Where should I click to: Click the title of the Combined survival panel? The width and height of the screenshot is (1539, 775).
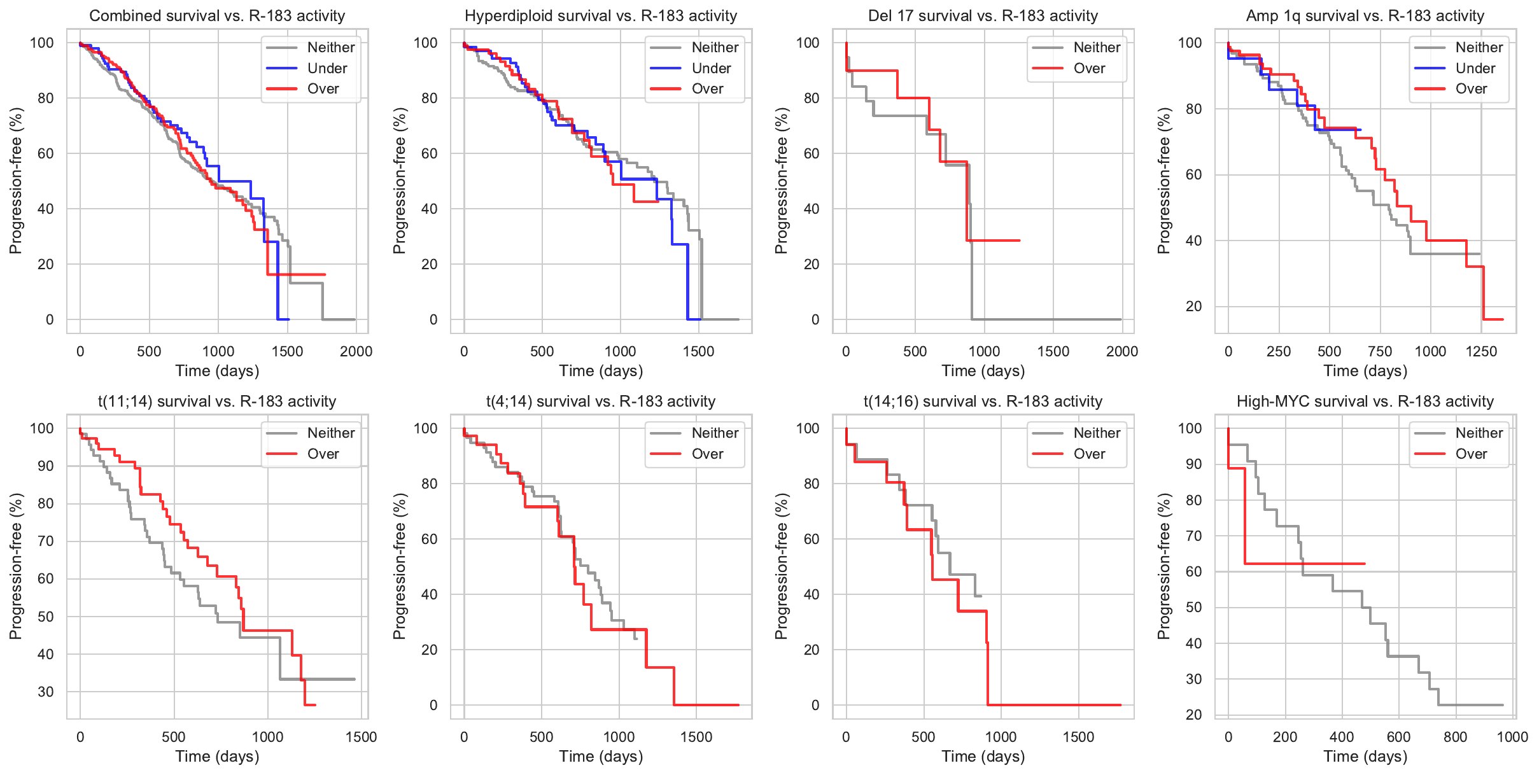click(x=217, y=16)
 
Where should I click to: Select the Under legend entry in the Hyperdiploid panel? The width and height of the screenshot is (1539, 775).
click(x=710, y=68)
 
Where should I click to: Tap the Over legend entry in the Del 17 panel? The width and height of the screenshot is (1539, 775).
click(x=1088, y=68)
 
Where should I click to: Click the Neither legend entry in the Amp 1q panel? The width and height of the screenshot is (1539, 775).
click(x=1479, y=47)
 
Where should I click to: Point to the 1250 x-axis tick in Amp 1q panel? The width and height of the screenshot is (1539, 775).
click(x=1480, y=351)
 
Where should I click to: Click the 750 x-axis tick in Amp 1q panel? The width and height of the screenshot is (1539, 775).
click(x=1380, y=351)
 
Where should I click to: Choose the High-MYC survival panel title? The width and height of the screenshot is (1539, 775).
click(x=1365, y=401)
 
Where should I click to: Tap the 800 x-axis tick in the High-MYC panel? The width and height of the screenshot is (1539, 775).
click(x=1455, y=737)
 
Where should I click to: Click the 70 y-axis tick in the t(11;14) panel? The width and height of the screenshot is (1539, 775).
click(x=46, y=541)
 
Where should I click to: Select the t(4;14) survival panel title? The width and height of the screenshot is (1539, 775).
click(x=600, y=401)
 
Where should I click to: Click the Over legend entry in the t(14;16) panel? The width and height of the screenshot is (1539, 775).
click(x=1088, y=454)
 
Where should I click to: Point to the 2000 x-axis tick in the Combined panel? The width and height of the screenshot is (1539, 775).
click(x=356, y=351)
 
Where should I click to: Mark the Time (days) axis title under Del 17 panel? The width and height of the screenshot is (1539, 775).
click(x=983, y=371)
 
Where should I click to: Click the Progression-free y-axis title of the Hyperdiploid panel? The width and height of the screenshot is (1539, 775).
click(x=399, y=181)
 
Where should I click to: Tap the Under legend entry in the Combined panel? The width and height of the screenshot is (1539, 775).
click(x=327, y=68)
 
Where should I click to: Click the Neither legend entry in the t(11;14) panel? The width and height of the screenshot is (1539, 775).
click(x=330, y=433)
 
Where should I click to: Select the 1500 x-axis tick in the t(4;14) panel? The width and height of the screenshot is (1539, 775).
click(x=696, y=737)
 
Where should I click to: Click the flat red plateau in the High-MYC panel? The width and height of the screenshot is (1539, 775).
click(x=1305, y=564)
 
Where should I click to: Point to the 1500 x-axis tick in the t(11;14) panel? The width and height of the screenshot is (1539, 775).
click(x=361, y=737)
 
